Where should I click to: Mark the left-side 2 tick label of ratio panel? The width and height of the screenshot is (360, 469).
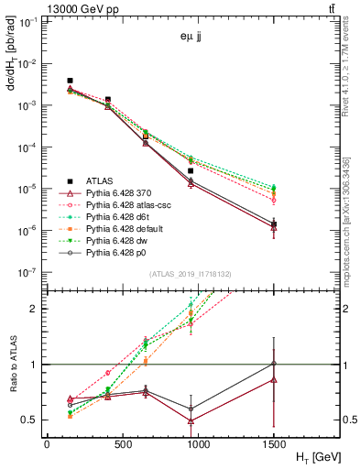click(36, 309)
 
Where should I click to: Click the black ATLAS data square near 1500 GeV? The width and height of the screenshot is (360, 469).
click(274, 224)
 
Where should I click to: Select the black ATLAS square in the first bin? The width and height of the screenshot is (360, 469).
click(71, 81)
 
